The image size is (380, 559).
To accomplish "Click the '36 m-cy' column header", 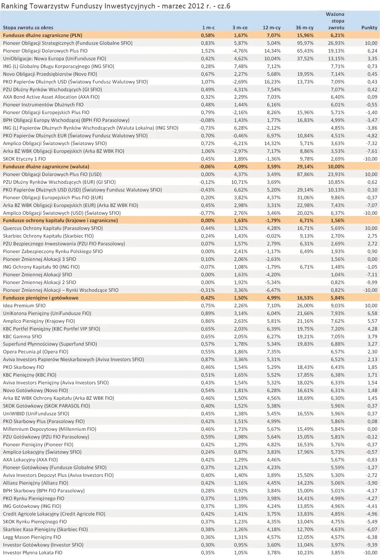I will tap(305, 28).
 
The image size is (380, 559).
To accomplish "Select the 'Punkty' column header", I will tap(369, 28).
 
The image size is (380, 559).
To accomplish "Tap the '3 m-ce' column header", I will tap(240, 28).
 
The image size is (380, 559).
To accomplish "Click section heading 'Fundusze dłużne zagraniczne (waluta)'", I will tap(46, 167).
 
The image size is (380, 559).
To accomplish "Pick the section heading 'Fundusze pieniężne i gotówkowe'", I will tap(41, 298).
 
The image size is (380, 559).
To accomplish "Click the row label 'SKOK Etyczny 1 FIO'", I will tap(24, 159).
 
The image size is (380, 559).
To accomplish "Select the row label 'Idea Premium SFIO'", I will tap(24, 306).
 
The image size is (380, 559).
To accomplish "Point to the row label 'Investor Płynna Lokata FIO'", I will tap(33, 553).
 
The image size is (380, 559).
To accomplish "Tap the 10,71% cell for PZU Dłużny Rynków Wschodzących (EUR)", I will tap(240, 182).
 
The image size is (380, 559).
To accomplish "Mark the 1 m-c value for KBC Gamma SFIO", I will tap(208, 337).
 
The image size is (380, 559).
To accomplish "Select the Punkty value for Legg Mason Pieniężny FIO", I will tap(372, 537).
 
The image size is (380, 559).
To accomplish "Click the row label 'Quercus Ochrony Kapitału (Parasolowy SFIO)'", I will tap(53, 228).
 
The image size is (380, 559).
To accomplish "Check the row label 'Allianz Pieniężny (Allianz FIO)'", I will tap(36, 483).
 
